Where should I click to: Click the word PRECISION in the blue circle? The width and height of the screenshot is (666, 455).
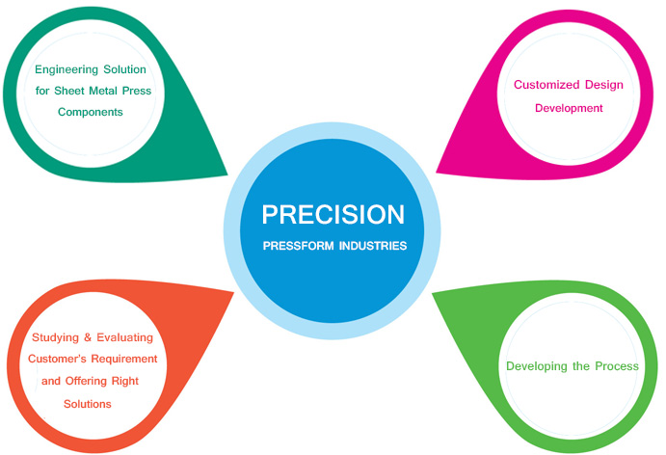(x=333, y=214)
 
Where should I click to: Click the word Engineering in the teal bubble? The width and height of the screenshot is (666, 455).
(x=67, y=69)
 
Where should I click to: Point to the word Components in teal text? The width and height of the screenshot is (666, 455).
(x=91, y=112)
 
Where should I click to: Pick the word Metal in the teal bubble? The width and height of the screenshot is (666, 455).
(x=103, y=91)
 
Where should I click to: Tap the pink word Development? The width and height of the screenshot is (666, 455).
(x=569, y=108)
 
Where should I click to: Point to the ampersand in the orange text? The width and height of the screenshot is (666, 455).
(x=88, y=337)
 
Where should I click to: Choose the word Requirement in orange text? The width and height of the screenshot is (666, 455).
(x=124, y=359)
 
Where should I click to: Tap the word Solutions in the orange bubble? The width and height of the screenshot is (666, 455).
(x=88, y=404)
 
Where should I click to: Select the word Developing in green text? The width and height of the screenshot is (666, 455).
(x=537, y=366)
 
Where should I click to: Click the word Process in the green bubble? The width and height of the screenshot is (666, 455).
(x=617, y=366)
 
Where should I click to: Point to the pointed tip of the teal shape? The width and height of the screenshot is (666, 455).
(x=227, y=174)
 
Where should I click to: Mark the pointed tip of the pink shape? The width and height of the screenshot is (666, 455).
(x=437, y=173)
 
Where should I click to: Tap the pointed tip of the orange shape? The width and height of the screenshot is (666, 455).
(x=233, y=292)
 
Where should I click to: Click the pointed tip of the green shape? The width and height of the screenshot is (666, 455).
(x=433, y=293)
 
